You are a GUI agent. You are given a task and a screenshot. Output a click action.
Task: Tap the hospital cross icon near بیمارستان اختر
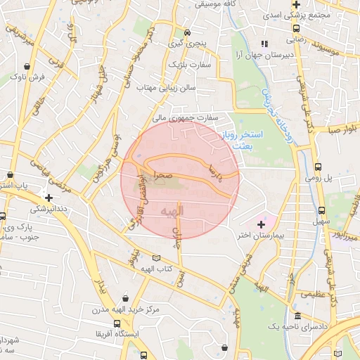[261, 224]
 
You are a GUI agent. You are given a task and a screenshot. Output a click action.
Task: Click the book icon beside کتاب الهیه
[155, 257]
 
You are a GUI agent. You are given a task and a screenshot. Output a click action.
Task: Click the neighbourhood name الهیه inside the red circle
[172, 211]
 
